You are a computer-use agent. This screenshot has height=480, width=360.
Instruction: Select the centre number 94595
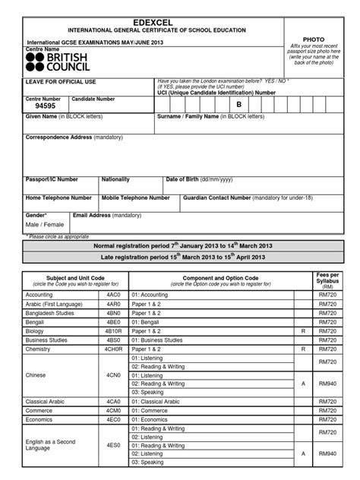point(40,107)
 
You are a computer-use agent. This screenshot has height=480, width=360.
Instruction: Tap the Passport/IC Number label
point(52,179)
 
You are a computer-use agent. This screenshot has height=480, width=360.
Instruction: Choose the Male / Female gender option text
point(45,225)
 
